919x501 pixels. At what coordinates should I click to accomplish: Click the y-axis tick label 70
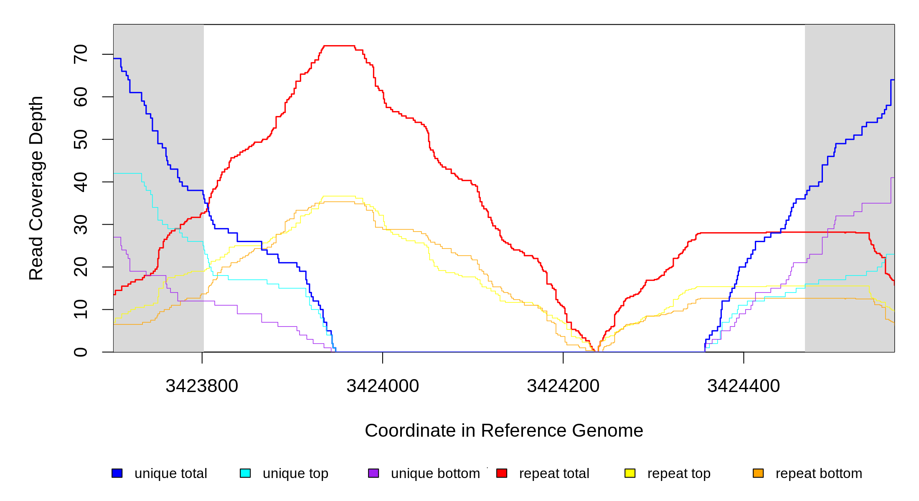[x=81, y=54]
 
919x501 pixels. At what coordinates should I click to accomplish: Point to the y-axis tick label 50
[x=81, y=139]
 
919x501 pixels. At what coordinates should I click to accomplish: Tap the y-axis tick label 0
[x=81, y=352]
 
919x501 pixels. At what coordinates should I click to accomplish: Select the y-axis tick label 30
[x=81, y=225]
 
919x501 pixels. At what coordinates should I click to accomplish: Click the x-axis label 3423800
[x=202, y=386]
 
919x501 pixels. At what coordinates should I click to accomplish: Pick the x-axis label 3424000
[x=383, y=386]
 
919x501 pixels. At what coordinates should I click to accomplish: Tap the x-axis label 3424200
[x=563, y=386]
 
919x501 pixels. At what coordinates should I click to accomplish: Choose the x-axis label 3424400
[x=744, y=386]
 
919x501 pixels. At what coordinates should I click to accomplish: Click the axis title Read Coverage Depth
[x=36, y=188]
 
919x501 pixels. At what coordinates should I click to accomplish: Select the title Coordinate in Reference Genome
[x=504, y=430]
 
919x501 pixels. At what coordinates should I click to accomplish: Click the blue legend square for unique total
[x=117, y=473]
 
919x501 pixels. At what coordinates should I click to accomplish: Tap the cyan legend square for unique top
[x=245, y=473]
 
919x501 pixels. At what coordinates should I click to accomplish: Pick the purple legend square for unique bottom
[x=373, y=473]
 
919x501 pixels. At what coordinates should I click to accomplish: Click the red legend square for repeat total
[x=502, y=473]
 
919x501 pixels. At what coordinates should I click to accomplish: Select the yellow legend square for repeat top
[x=630, y=473]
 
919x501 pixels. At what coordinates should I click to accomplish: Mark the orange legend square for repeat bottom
[x=758, y=473]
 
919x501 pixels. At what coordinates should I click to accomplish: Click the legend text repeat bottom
[x=819, y=473]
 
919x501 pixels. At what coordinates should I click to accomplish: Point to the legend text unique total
[x=170, y=473]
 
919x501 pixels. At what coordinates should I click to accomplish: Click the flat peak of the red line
[x=339, y=46]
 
